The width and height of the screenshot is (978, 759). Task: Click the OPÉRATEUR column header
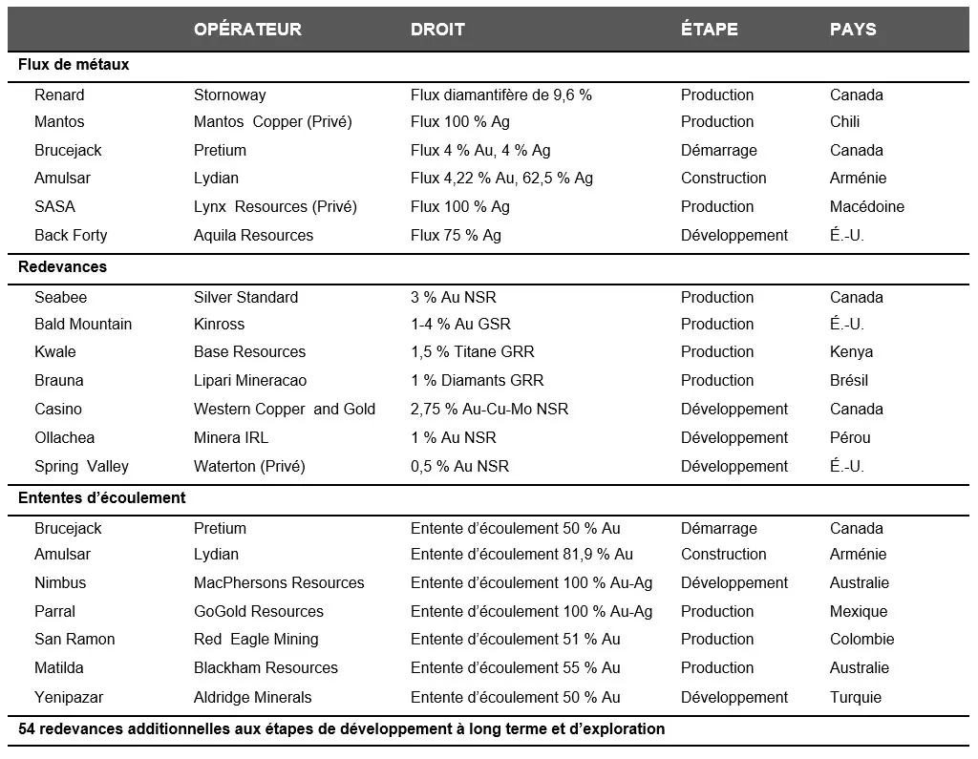(247, 30)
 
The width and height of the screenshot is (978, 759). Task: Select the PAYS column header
(853, 30)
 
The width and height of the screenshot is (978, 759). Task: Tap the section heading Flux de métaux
(74, 65)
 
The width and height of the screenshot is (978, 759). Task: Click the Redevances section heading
(62, 267)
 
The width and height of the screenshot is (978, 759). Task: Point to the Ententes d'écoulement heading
(102, 498)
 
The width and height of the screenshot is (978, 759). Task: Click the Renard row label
(59, 95)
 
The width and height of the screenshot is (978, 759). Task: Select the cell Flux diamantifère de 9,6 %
(501, 95)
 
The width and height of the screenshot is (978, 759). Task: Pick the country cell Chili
(844, 122)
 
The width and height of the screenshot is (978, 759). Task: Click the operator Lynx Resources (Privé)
(275, 206)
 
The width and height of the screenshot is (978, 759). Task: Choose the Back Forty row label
(71, 235)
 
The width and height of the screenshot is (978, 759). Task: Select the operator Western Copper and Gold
(285, 409)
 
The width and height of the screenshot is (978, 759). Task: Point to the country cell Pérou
(850, 437)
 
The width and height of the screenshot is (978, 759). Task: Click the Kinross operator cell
(219, 325)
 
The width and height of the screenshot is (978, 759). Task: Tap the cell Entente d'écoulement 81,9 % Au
(521, 554)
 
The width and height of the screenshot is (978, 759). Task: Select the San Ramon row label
(74, 639)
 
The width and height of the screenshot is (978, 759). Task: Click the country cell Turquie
(856, 697)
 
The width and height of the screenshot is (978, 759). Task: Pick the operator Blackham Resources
(266, 667)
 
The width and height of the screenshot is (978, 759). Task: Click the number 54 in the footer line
(27, 729)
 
